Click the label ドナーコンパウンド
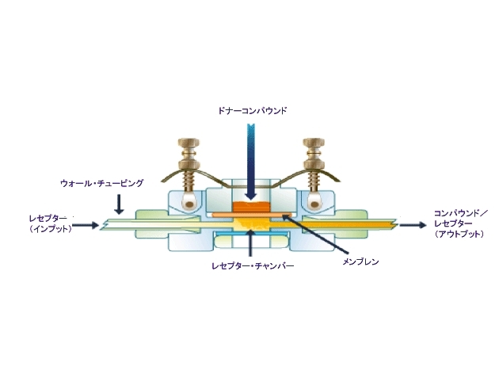pyautogui.click(x=253, y=110)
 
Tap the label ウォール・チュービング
pyautogui.click(x=102, y=183)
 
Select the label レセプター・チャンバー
pyautogui.click(x=253, y=265)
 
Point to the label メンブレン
pyautogui.click(x=360, y=262)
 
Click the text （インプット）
pyautogui.click(x=50, y=229)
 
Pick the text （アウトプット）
pyautogui.click(x=459, y=234)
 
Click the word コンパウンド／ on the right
pyautogui.click(x=459, y=213)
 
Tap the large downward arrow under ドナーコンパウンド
pyautogui.click(x=251, y=162)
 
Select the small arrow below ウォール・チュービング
pyautogui.click(x=119, y=204)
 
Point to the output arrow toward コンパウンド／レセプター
pyautogui.click(x=413, y=225)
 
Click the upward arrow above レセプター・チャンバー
pyautogui.click(x=251, y=243)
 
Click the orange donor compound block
pyautogui.click(x=251, y=207)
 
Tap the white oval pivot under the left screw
pyautogui.click(x=189, y=201)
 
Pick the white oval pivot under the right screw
pyautogui.click(x=314, y=201)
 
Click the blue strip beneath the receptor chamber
pyautogui.click(x=251, y=234)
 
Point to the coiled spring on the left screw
pyautogui.click(x=189, y=180)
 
